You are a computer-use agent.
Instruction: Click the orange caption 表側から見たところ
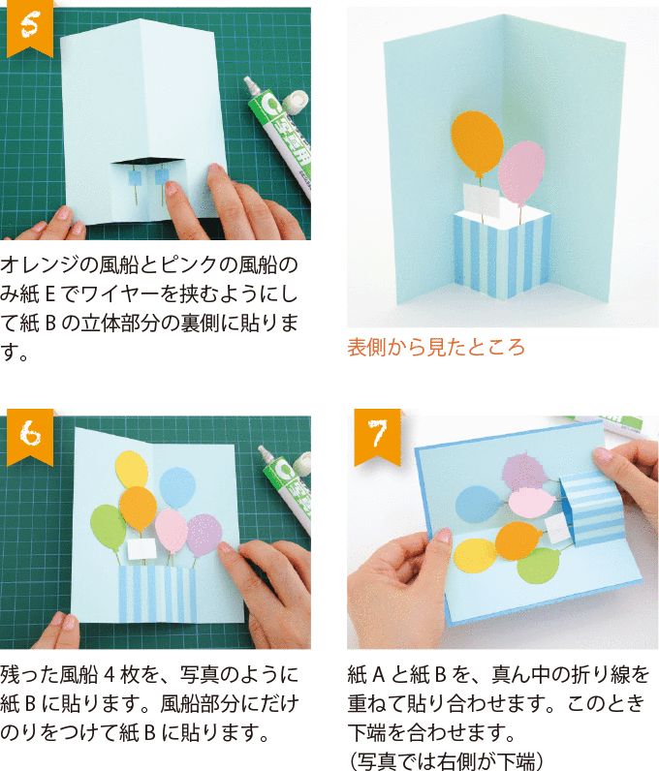[x=435, y=347]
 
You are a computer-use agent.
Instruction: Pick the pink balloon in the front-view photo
[x=524, y=172]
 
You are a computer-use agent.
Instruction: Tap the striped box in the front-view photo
[x=502, y=254]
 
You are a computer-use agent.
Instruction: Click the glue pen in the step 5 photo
[x=276, y=136]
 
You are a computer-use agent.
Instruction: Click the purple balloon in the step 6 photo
[x=204, y=536]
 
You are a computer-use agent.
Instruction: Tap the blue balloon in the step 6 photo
[x=177, y=487]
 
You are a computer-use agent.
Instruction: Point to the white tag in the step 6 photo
[x=141, y=549]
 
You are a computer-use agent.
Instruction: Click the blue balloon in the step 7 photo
[x=476, y=503]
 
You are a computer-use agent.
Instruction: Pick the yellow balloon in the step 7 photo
[x=476, y=554]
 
